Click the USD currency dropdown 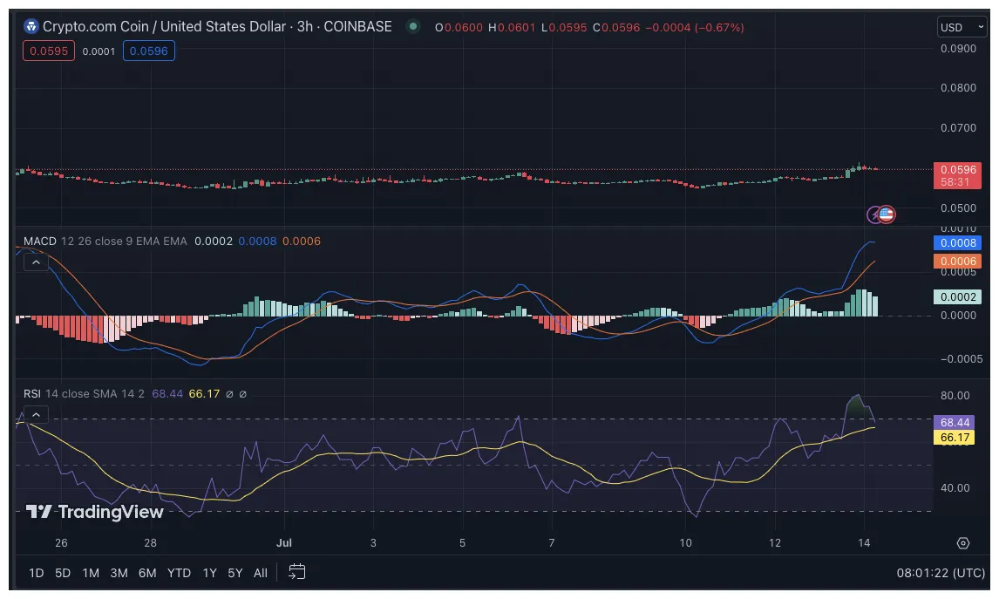(956, 27)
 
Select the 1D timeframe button (37, 573)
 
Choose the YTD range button (179, 573)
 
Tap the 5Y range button (235, 573)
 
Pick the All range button (261, 573)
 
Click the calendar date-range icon (296, 572)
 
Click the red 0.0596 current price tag (956, 169)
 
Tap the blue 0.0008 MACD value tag (956, 243)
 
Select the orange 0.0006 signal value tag (956, 261)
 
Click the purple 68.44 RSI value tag (956, 422)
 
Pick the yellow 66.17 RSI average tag (956, 437)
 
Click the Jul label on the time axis (283, 542)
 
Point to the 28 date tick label (151, 542)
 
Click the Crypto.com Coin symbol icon (31, 27)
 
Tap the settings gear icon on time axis (963, 542)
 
